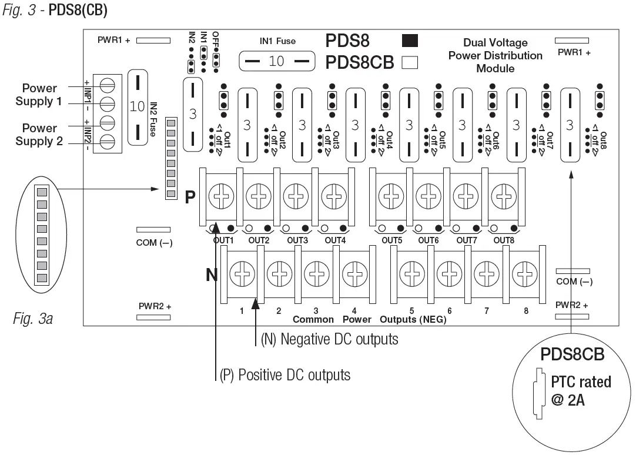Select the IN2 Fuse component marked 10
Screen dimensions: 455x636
[x=138, y=107]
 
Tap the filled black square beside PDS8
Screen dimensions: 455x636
[x=409, y=41]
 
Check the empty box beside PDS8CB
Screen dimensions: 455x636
[x=409, y=62]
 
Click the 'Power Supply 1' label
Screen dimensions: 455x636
[x=39, y=95]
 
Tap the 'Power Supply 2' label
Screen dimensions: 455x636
[x=39, y=135]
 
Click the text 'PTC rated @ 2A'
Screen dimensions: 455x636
[x=580, y=391]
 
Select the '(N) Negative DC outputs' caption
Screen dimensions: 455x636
[x=329, y=339]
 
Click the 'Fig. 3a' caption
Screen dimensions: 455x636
[x=33, y=319]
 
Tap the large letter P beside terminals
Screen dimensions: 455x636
[x=190, y=197]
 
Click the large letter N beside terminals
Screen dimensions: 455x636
[x=212, y=274]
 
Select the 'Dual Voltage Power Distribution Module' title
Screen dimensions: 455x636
[x=495, y=55]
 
